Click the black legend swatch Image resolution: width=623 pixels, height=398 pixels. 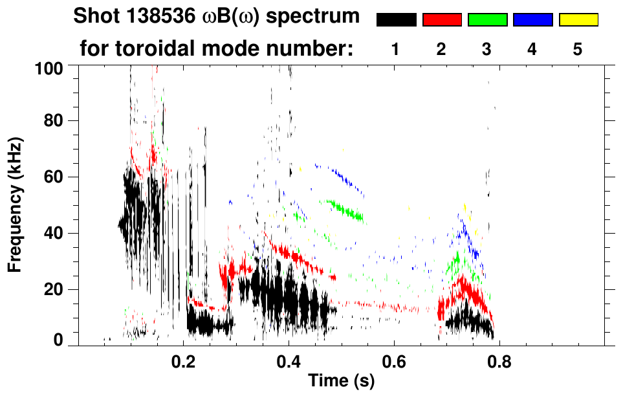397,20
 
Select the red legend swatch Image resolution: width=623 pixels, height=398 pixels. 442,20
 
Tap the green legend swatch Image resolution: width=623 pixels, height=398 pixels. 487,20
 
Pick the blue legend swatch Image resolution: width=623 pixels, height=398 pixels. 532,20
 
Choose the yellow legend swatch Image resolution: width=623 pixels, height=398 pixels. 578,20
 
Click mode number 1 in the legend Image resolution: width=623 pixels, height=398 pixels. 396,49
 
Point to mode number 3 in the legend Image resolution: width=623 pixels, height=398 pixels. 486,49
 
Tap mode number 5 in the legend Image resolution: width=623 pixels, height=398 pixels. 578,49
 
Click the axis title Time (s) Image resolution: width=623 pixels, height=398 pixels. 340,382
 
